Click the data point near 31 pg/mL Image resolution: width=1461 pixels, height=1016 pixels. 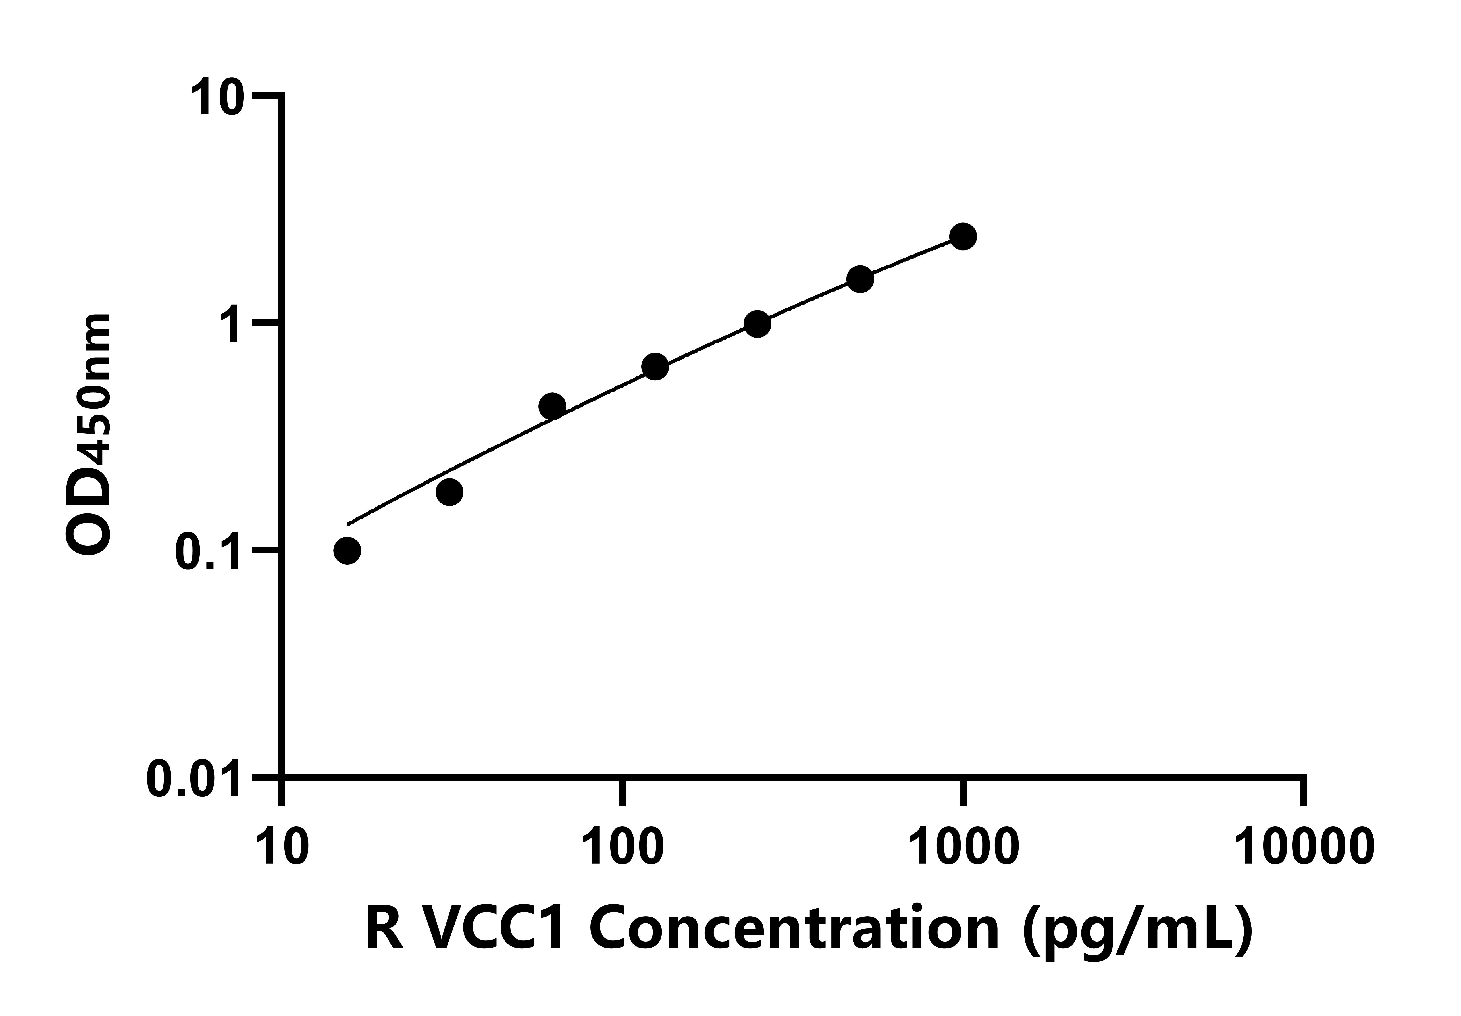pos(449,492)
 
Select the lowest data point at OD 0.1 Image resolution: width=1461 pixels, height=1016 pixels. pos(347,550)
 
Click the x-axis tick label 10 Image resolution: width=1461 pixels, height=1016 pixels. pos(282,848)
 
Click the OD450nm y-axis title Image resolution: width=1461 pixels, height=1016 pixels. pos(89,436)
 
